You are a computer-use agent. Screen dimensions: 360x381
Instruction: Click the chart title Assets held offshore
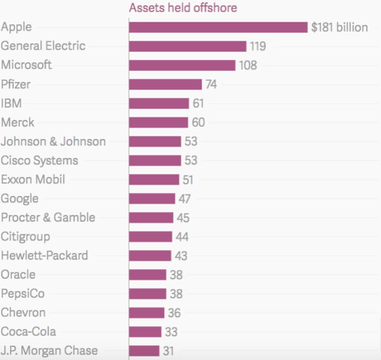[x=183, y=7]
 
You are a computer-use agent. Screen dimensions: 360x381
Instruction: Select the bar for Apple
[x=218, y=27]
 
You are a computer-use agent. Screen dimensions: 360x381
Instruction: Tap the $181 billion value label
[x=339, y=27]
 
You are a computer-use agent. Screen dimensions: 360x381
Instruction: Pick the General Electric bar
[x=187, y=47]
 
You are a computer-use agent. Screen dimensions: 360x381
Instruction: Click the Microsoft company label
[x=26, y=65]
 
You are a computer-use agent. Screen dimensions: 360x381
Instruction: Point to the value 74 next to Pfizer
[x=212, y=85]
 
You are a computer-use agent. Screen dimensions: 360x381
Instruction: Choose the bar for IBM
[x=159, y=104]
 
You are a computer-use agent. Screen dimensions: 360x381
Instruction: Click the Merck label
[x=17, y=122]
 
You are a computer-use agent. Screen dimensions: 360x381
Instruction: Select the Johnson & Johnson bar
[x=155, y=142]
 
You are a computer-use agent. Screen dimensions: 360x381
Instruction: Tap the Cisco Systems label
[x=39, y=160]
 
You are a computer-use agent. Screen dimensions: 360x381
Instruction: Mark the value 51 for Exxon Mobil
[x=188, y=180]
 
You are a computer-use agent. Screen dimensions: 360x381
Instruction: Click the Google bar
[x=152, y=199]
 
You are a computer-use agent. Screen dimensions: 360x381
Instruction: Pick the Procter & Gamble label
[x=48, y=217]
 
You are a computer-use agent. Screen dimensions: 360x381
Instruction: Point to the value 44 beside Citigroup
[x=183, y=237]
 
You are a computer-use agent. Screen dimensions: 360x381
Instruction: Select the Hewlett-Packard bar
[x=150, y=256]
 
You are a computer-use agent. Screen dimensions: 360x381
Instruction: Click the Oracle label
[x=19, y=274]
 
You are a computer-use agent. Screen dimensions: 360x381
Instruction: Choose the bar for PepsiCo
[x=148, y=294]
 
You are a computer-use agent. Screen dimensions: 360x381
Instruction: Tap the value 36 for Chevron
[x=175, y=313]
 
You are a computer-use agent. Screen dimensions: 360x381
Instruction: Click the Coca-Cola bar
[x=145, y=332]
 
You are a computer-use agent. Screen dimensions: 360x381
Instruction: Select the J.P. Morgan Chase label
[x=49, y=350]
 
